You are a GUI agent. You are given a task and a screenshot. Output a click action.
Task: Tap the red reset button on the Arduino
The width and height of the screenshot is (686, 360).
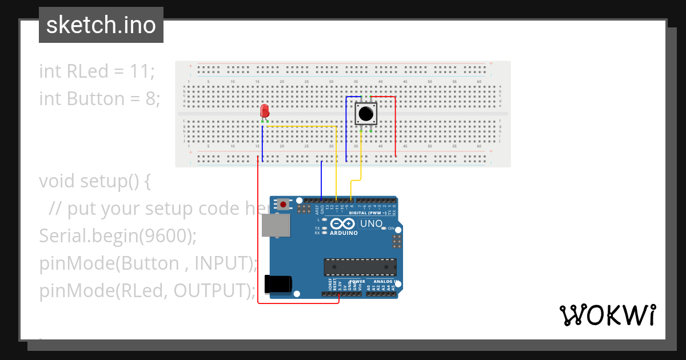pos(283,203)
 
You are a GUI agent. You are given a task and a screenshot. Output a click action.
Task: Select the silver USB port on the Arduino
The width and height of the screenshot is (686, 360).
pos(275,225)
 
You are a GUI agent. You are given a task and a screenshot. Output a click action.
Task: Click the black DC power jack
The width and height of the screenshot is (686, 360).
pos(278,285)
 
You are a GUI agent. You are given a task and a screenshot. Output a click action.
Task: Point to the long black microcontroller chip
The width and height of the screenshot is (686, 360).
pos(360,267)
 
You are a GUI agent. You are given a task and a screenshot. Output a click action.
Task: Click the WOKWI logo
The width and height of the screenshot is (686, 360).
pos(607,315)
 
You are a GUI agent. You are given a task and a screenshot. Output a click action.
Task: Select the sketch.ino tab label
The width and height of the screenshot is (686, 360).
pos(101,25)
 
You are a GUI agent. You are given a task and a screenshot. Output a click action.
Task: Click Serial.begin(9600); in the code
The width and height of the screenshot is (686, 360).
pos(118,236)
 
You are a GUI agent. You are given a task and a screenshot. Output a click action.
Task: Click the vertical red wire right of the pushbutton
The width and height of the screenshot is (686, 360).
pos(396,126)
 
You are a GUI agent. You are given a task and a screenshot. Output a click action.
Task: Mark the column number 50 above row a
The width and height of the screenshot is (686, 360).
pos(430,82)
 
